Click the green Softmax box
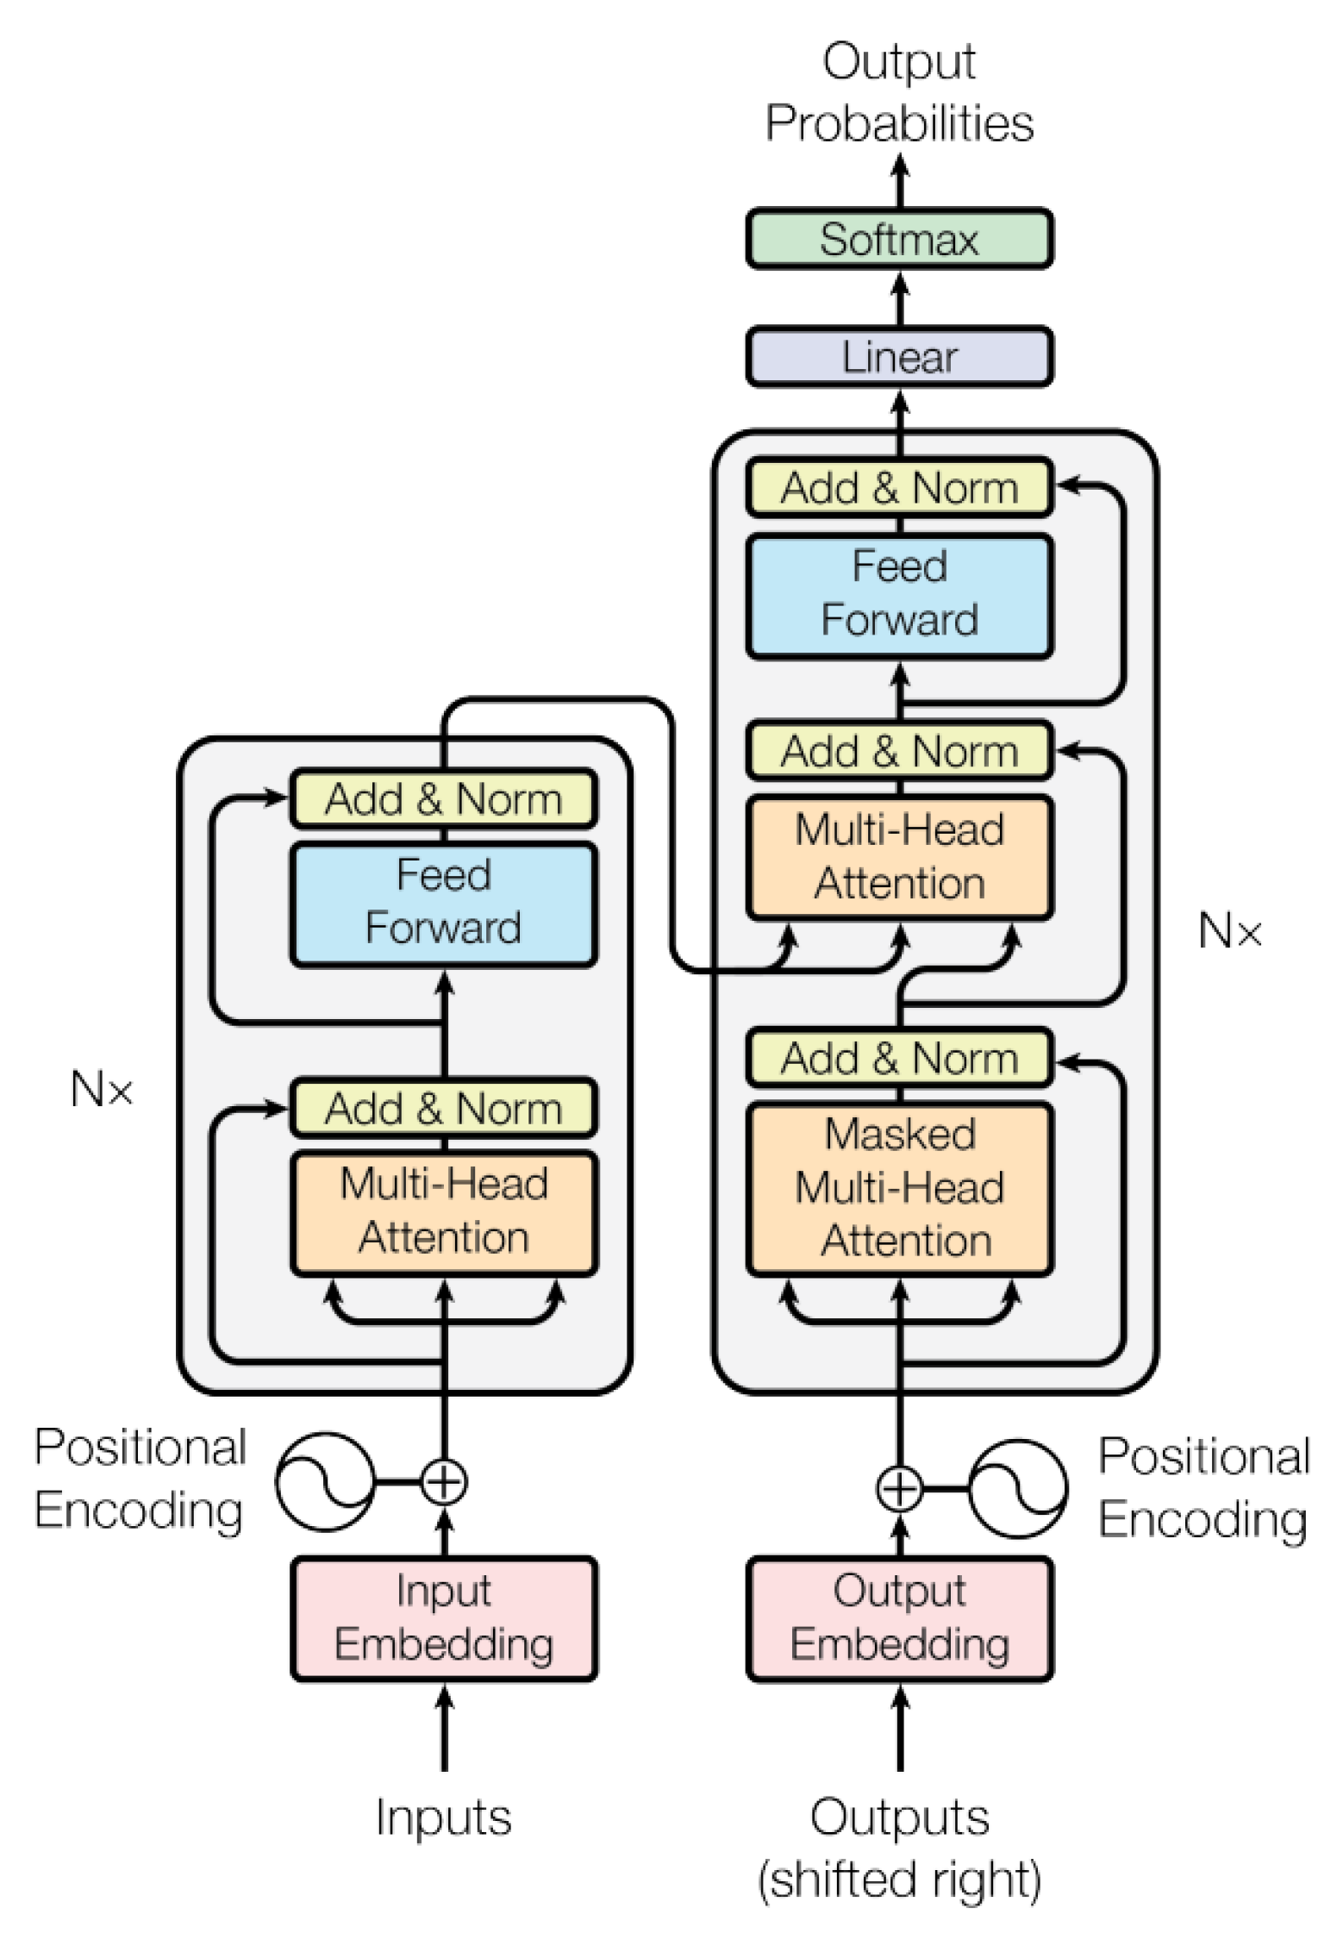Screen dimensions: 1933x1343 tap(898, 239)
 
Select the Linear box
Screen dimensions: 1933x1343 tap(898, 356)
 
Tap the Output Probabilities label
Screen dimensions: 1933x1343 tap(898, 92)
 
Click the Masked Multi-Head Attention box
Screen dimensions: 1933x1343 tap(898, 1188)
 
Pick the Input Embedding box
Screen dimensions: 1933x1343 tap(443, 1617)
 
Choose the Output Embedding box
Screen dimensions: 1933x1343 tap(898, 1617)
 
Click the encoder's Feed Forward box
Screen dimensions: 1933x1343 tap(443, 903)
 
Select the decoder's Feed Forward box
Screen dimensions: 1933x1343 tap(898, 594)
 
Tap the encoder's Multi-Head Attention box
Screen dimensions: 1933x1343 tap(443, 1210)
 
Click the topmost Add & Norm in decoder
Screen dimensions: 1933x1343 tap(898, 488)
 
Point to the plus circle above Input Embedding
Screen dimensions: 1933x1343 tap(444, 1482)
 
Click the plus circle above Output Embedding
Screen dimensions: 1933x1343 tap(898, 1488)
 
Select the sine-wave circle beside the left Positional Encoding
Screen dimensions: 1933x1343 tap(325, 1482)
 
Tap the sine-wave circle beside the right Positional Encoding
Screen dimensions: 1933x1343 tap(1017, 1488)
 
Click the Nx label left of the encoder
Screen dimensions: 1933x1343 tap(102, 1089)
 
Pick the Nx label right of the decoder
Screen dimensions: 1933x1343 tap(1229, 931)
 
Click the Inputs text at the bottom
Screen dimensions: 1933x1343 tap(443, 1817)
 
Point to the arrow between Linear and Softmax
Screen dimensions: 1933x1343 tap(899, 297)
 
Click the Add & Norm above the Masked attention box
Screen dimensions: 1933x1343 tap(898, 1058)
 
